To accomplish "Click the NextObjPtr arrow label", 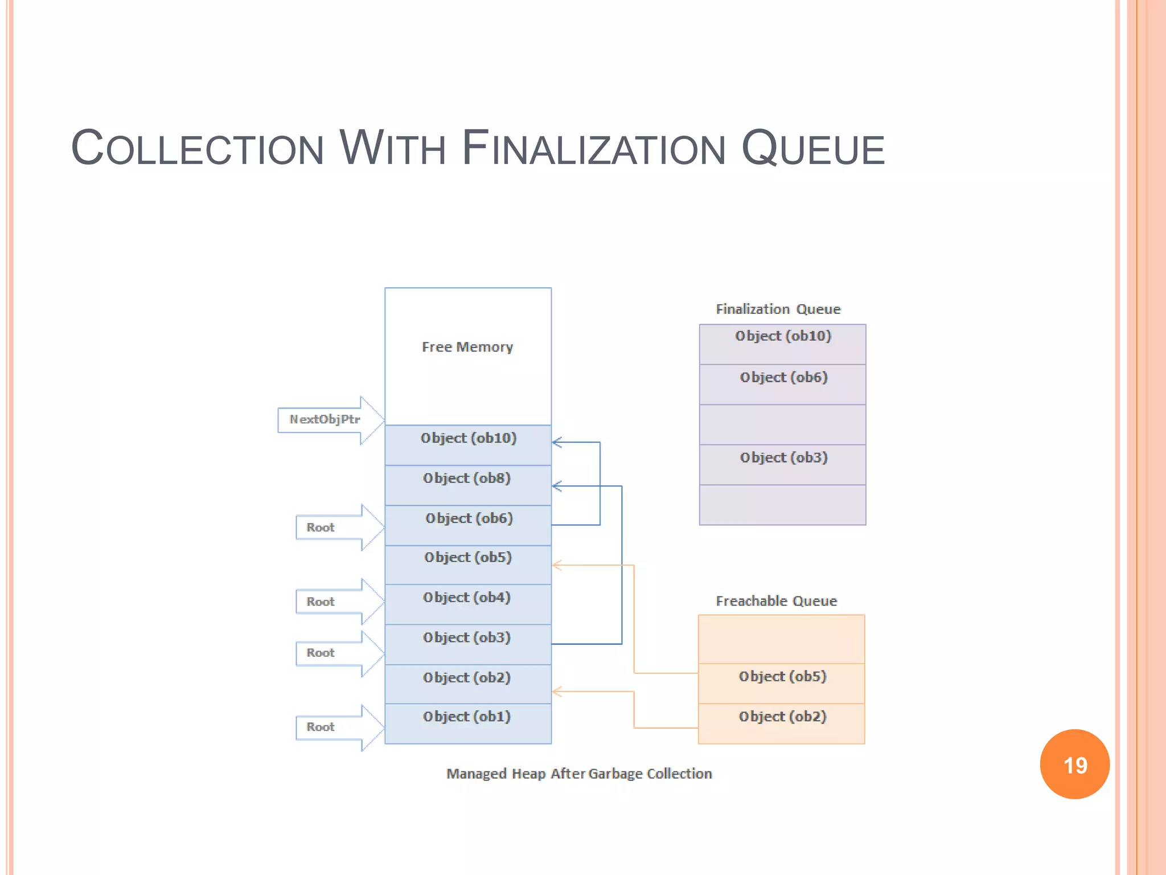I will (x=325, y=420).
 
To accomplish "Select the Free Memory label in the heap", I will (x=467, y=347).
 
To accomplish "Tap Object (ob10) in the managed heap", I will (x=468, y=438).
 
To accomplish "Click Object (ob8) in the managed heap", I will (x=467, y=479).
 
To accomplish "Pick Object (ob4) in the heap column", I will (x=467, y=598).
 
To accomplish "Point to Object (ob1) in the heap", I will (x=467, y=717).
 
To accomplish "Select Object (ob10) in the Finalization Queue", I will (x=783, y=336).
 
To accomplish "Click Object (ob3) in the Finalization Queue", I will (x=783, y=457).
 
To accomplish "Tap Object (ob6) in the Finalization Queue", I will (x=783, y=377).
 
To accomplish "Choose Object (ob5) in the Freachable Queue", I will (x=782, y=677).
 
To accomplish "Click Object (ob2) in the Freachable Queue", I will (x=782, y=717).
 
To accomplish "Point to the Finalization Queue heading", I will (x=778, y=309).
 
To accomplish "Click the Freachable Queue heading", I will (x=776, y=601).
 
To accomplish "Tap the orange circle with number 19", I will (x=1074, y=764).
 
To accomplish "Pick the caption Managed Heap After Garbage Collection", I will (x=579, y=774).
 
